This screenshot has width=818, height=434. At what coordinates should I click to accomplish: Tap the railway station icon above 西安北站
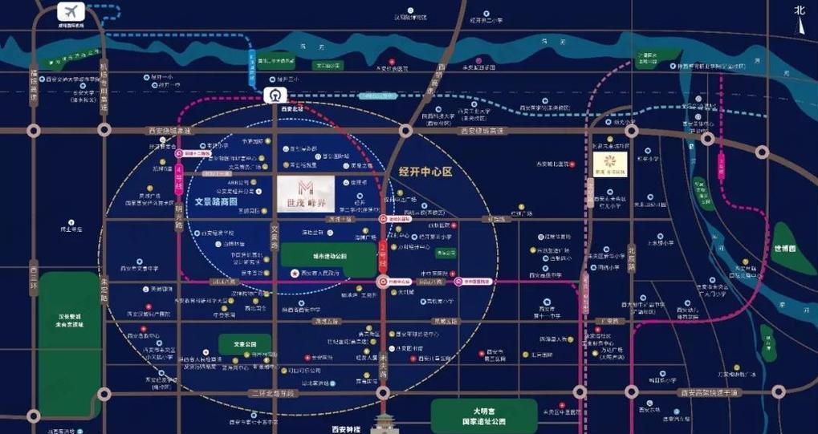click(275, 95)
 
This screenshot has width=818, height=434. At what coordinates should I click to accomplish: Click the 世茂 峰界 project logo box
click(306, 193)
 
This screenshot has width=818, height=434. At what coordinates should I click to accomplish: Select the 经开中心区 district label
click(425, 171)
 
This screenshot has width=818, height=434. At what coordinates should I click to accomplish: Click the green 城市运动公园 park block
click(328, 256)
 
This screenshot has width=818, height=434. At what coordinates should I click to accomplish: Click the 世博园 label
click(786, 248)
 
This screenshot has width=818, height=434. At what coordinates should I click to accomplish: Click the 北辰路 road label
click(633, 258)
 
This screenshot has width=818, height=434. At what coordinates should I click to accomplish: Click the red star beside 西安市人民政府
click(295, 274)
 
